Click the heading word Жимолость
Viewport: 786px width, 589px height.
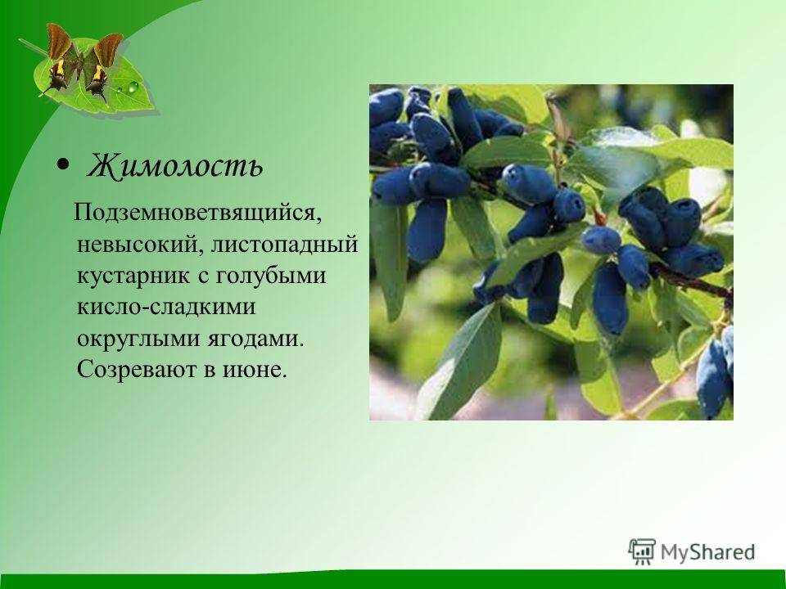(x=174, y=164)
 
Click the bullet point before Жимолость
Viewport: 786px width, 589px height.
(x=63, y=164)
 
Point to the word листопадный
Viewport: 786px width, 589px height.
(x=284, y=245)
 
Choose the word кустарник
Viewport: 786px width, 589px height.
(x=133, y=277)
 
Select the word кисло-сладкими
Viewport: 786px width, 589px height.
(x=166, y=307)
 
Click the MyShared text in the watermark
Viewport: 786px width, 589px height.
(x=707, y=552)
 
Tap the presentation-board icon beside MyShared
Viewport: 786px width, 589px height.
(x=642, y=552)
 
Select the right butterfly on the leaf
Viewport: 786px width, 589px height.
(x=103, y=65)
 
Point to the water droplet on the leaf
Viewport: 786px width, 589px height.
(x=133, y=88)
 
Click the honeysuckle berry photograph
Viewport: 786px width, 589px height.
(x=551, y=252)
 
